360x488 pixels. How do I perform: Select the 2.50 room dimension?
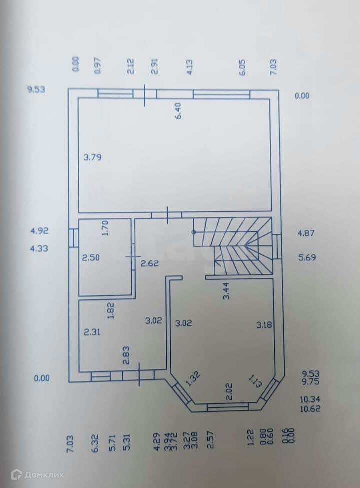click(x=91, y=258)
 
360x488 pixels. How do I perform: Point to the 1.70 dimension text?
click(x=105, y=228)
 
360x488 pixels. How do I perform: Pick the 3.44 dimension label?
click(x=226, y=290)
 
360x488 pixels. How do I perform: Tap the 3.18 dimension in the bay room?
click(x=265, y=325)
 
